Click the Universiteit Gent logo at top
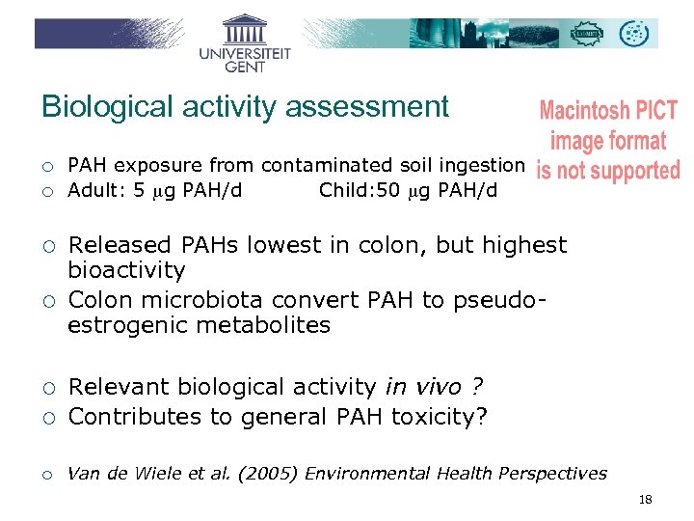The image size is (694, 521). pyautogui.click(x=245, y=42)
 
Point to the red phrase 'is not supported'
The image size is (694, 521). pyautogui.click(x=607, y=172)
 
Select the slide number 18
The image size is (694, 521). pyautogui.click(x=645, y=500)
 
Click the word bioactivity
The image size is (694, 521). pyautogui.click(x=126, y=271)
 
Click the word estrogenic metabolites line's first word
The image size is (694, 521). pyautogui.click(x=126, y=326)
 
